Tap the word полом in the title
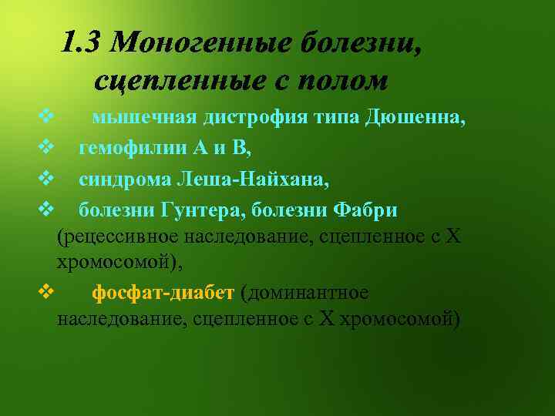346,79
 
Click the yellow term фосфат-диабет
163,294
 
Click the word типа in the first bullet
336,118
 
